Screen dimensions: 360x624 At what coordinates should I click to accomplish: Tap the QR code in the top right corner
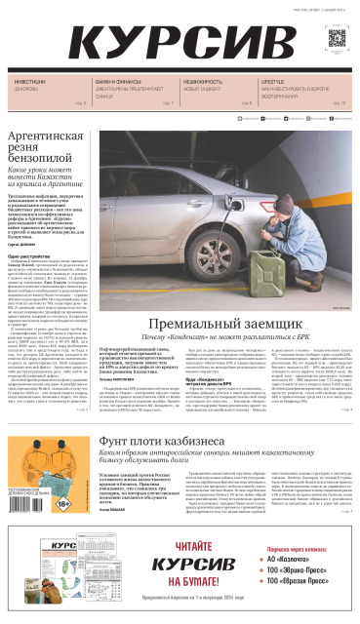click(x=337, y=39)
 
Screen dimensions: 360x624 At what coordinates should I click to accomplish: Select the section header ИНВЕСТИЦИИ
click(x=30, y=83)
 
